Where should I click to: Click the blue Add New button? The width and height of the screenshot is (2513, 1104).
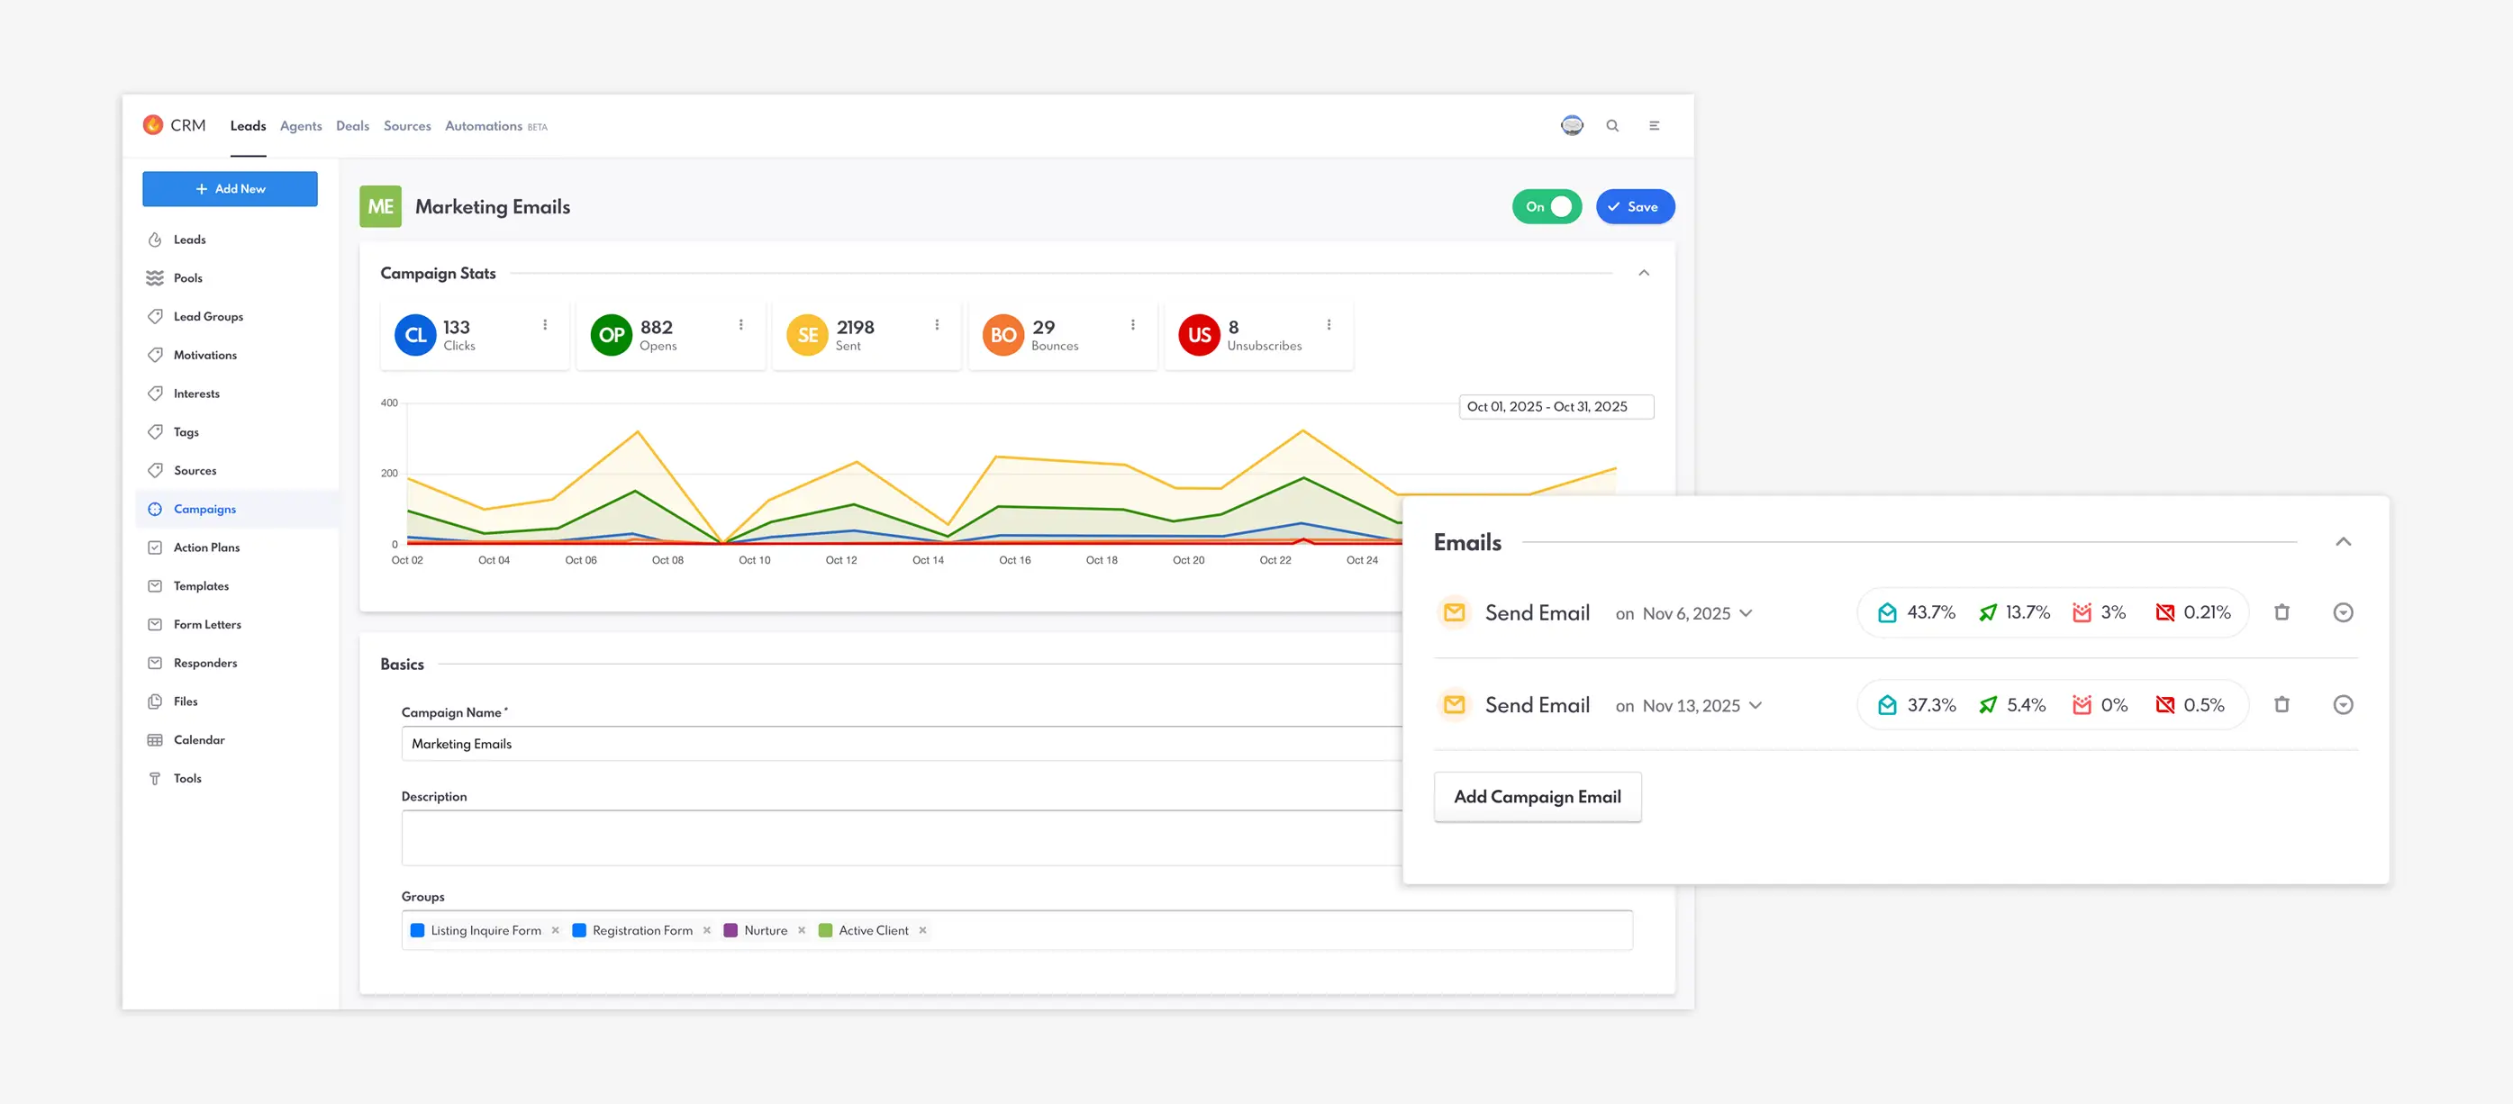point(230,189)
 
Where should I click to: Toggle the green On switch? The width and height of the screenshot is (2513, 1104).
point(1547,207)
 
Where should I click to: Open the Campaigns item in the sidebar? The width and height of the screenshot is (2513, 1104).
point(204,509)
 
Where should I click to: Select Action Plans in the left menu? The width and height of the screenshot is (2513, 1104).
point(206,548)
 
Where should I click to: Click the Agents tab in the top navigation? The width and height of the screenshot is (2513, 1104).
point(301,126)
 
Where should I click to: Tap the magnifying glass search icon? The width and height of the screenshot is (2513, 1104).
point(1612,126)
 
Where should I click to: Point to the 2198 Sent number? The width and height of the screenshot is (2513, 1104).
point(855,328)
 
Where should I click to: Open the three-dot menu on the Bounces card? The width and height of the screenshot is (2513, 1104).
point(1132,325)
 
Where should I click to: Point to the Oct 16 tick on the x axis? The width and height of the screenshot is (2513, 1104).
point(1014,560)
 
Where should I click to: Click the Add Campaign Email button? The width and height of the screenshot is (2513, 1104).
point(1537,797)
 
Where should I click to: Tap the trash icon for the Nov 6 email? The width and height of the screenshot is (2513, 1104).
point(2282,612)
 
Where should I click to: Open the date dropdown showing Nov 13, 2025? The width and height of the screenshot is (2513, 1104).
point(1701,706)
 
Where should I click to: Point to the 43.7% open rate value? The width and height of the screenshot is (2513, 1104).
point(1930,612)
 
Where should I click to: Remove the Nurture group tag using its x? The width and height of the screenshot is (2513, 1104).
point(802,930)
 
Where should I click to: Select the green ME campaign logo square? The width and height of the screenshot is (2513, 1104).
point(380,207)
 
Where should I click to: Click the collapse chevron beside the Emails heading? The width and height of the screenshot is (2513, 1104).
point(2344,542)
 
